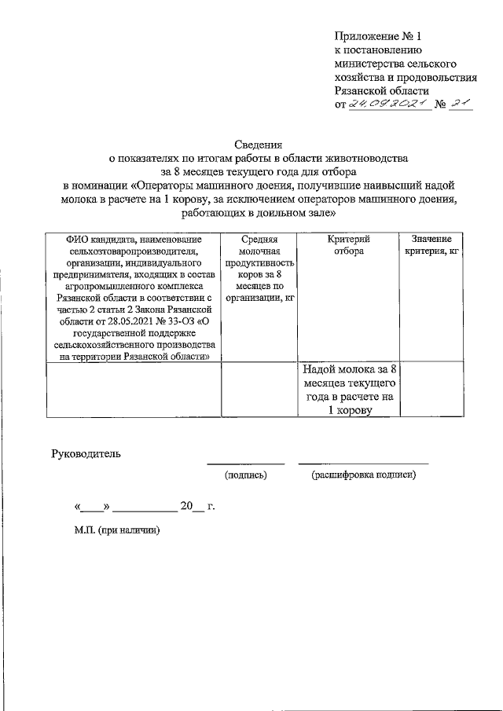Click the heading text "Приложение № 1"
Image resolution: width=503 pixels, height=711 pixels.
tap(378, 37)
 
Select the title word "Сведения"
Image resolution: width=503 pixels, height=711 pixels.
tap(259, 144)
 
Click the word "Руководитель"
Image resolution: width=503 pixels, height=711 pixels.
tap(86, 453)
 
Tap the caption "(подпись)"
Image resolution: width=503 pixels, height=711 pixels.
tap(245, 475)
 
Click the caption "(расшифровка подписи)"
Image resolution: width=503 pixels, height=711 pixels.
tap(363, 475)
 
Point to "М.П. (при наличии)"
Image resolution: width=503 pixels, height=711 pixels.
tap(117, 531)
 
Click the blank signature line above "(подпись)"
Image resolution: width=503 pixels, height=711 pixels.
tap(245, 463)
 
